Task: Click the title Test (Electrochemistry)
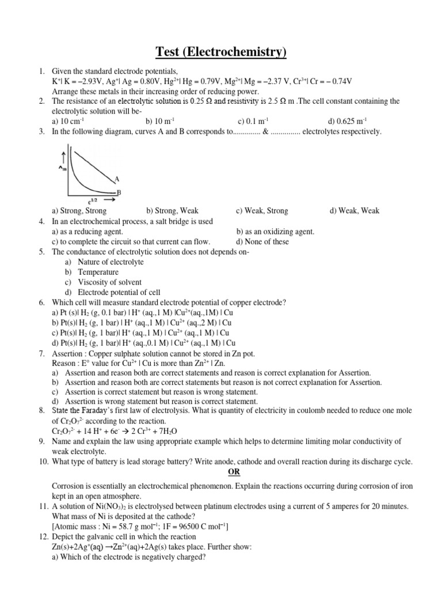(221, 52)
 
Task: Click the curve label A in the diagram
(117, 179)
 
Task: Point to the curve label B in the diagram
(119, 192)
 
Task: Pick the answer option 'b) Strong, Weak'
(172, 211)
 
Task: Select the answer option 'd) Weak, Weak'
(355, 211)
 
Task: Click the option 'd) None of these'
(262, 242)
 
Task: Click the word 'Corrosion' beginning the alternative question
(69, 485)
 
